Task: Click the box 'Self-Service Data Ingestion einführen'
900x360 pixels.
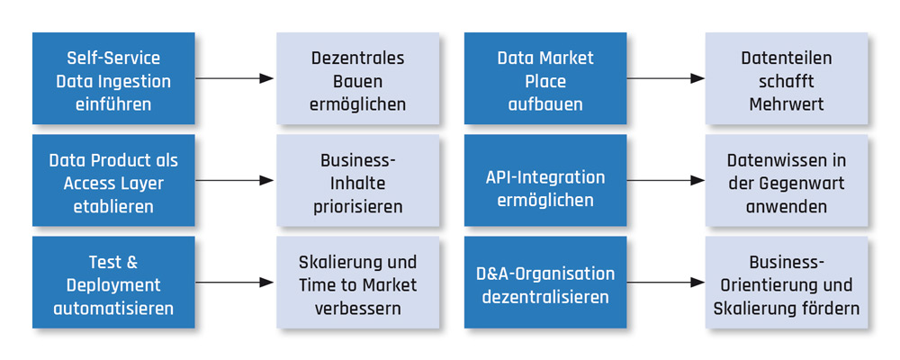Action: pyautogui.click(x=113, y=78)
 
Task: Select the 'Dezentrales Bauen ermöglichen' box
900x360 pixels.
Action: pyautogui.click(x=357, y=78)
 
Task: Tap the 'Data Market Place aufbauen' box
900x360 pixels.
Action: pyautogui.click(x=544, y=78)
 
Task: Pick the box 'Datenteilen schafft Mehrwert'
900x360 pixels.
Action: pyautogui.click(x=786, y=78)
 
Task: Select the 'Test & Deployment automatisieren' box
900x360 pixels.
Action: pyautogui.click(x=113, y=283)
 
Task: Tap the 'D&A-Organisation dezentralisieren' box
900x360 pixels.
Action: pyautogui.click(x=544, y=283)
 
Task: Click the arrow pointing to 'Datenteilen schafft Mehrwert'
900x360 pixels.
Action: pyautogui.click(x=666, y=78)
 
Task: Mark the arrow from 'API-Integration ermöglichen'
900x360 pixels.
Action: pyautogui.click(x=666, y=180)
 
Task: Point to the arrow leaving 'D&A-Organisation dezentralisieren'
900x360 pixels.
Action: pyautogui.click(x=666, y=283)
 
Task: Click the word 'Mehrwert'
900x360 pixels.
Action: pyautogui.click(x=786, y=103)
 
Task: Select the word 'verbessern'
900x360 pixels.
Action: pyautogui.click(x=357, y=308)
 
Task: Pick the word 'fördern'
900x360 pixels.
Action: pyautogui.click(x=829, y=308)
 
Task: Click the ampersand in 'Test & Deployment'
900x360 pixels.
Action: pyautogui.click(x=129, y=262)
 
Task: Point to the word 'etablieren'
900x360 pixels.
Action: pyautogui.click(x=113, y=206)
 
